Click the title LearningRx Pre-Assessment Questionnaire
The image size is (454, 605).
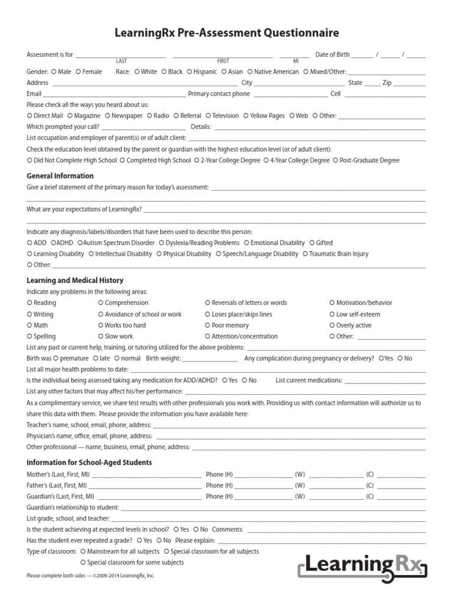[x=227, y=33]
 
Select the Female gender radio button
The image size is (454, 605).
[x=78, y=72]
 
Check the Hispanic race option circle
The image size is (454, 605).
[x=190, y=72]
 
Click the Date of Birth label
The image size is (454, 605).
[x=332, y=55]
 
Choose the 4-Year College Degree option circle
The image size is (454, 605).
[x=266, y=161]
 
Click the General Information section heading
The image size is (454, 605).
[x=60, y=176]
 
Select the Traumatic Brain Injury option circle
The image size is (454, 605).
[x=306, y=254]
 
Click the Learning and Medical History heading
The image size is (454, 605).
[x=75, y=281]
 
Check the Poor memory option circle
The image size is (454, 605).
[x=207, y=326]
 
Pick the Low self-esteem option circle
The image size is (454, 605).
[x=332, y=314]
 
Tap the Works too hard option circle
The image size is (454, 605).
[x=100, y=326]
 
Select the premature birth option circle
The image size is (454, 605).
[x=56, y=359]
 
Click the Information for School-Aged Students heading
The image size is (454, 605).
[x=89, y=463]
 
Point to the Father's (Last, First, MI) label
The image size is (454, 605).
[x=58, y=486]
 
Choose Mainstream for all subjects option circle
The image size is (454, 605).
[x=83, y=552]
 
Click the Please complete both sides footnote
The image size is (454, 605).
[x=90, y=575]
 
